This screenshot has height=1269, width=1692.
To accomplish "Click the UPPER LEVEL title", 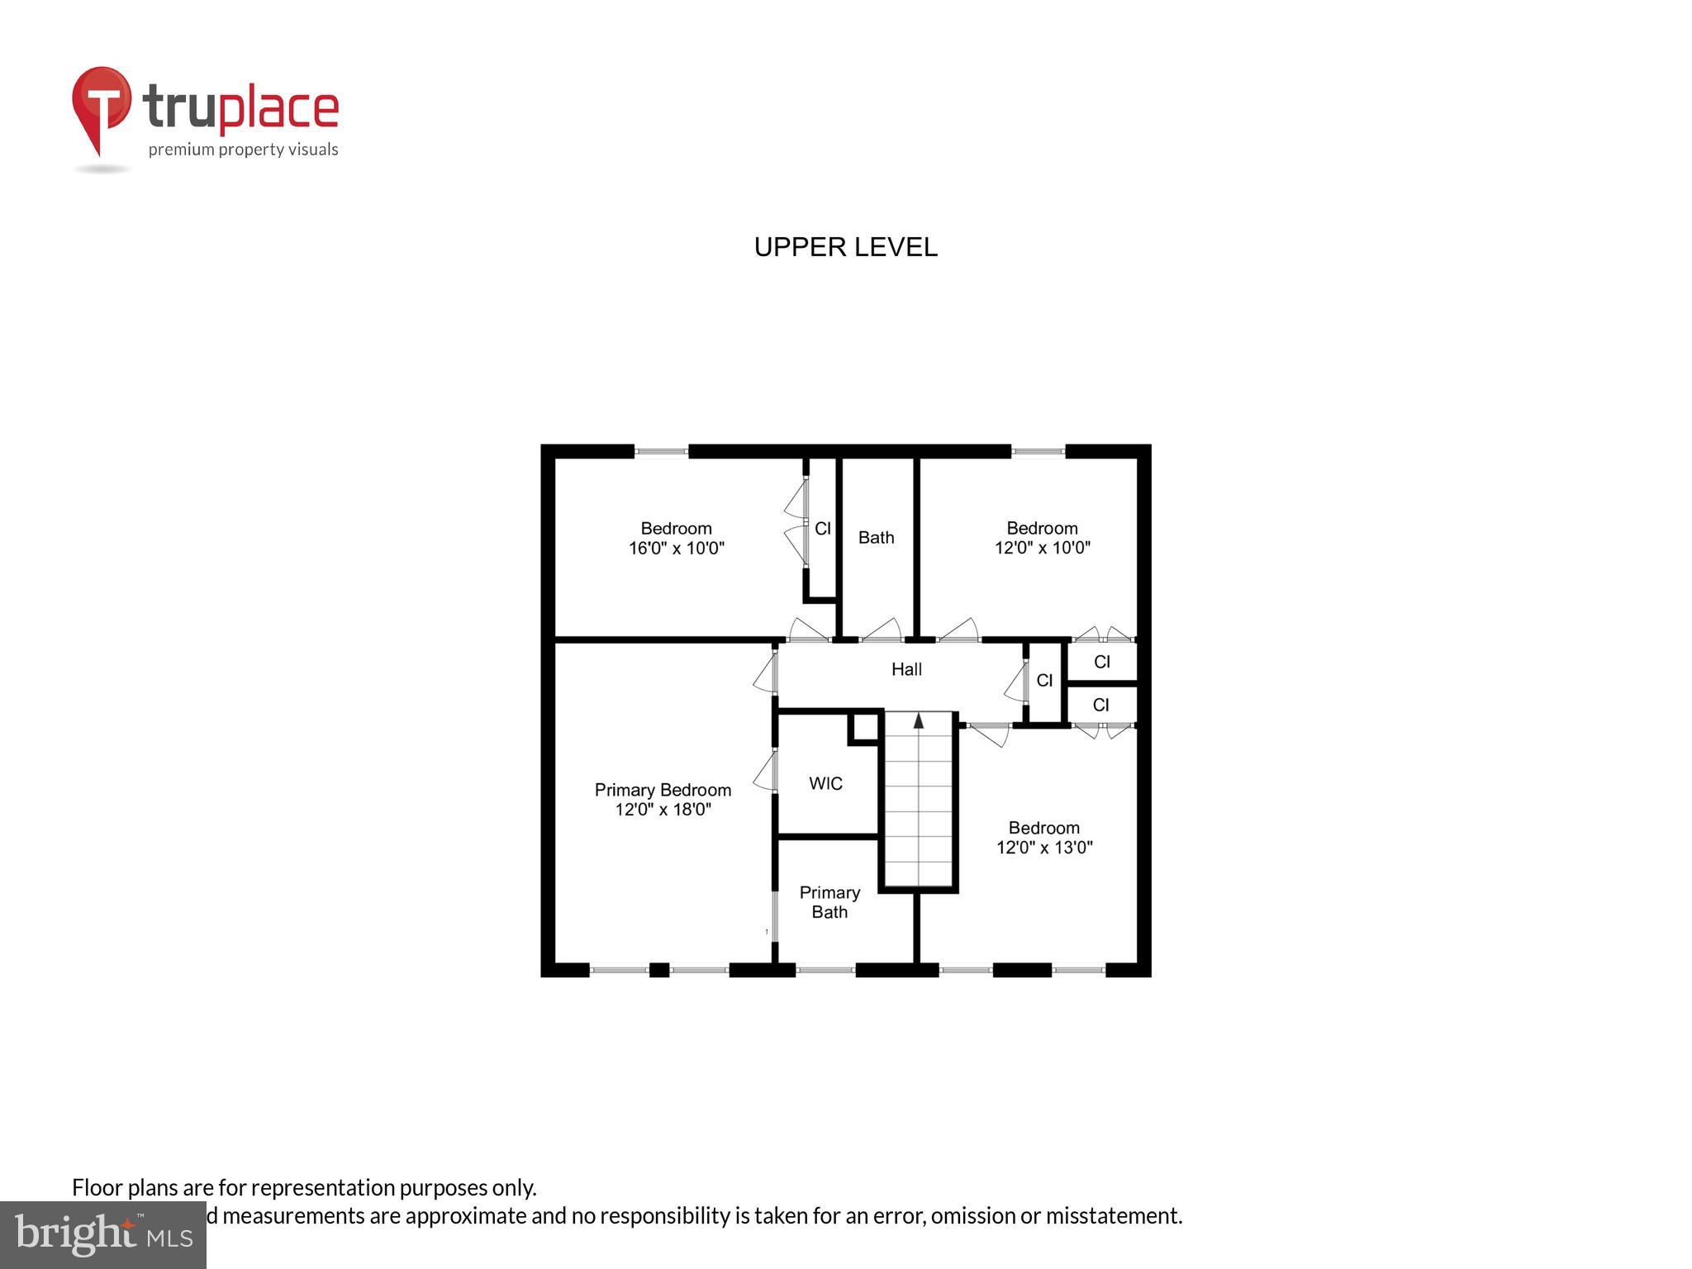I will coord(845,247).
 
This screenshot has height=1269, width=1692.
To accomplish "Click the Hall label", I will coord(906,669).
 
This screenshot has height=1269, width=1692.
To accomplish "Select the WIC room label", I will coord(825,783).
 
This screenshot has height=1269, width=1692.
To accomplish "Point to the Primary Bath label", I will coord(829,902).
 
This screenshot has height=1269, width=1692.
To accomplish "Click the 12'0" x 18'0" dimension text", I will coord(663,810).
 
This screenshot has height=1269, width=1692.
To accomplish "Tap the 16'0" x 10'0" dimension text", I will coord(676,548).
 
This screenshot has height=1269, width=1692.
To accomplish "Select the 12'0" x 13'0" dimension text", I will coord(1044,847).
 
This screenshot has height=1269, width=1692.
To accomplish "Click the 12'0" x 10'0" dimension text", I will coord(1042,548).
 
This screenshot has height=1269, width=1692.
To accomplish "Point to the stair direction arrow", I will coord(918,720).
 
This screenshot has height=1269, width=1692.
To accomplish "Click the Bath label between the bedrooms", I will coord(876,538).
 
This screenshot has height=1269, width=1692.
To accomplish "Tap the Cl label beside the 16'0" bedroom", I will coord(822,529).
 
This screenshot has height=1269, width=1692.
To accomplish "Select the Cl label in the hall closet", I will coord(1044,680).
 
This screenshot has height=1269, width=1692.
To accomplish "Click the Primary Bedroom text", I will coord(663,790).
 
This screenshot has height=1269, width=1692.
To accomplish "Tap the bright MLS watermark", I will coord(103,1234).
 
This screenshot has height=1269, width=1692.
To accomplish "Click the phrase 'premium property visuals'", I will coord(243,150).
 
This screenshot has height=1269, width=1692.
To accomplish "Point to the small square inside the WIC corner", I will coord(865,727).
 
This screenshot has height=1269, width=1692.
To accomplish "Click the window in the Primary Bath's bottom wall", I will coord(825,970).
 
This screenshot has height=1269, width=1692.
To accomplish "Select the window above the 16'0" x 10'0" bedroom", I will coord(661,451).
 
